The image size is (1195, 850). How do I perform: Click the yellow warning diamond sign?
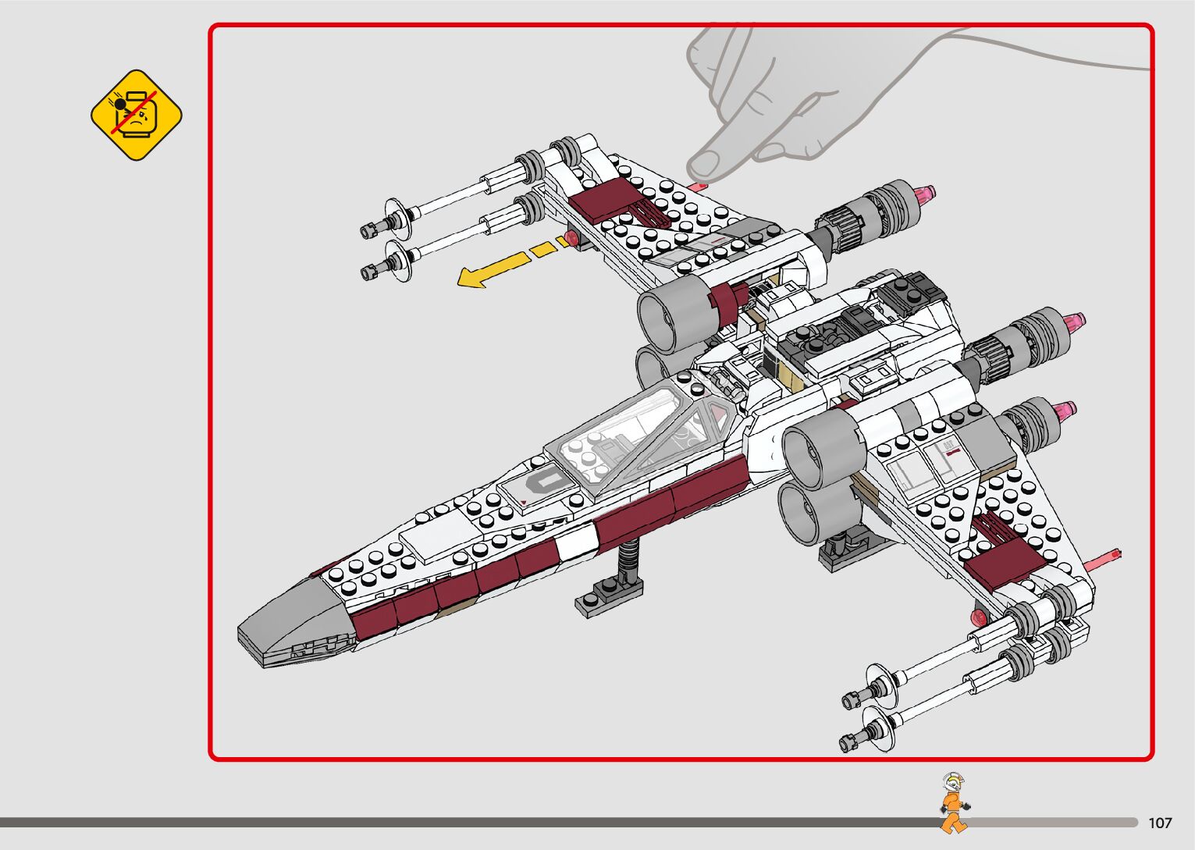137,115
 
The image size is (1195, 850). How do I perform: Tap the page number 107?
1160,823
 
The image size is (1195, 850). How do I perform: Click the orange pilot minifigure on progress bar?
953,804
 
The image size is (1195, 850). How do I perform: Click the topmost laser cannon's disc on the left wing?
397,212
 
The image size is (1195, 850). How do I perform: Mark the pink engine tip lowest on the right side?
1065,410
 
